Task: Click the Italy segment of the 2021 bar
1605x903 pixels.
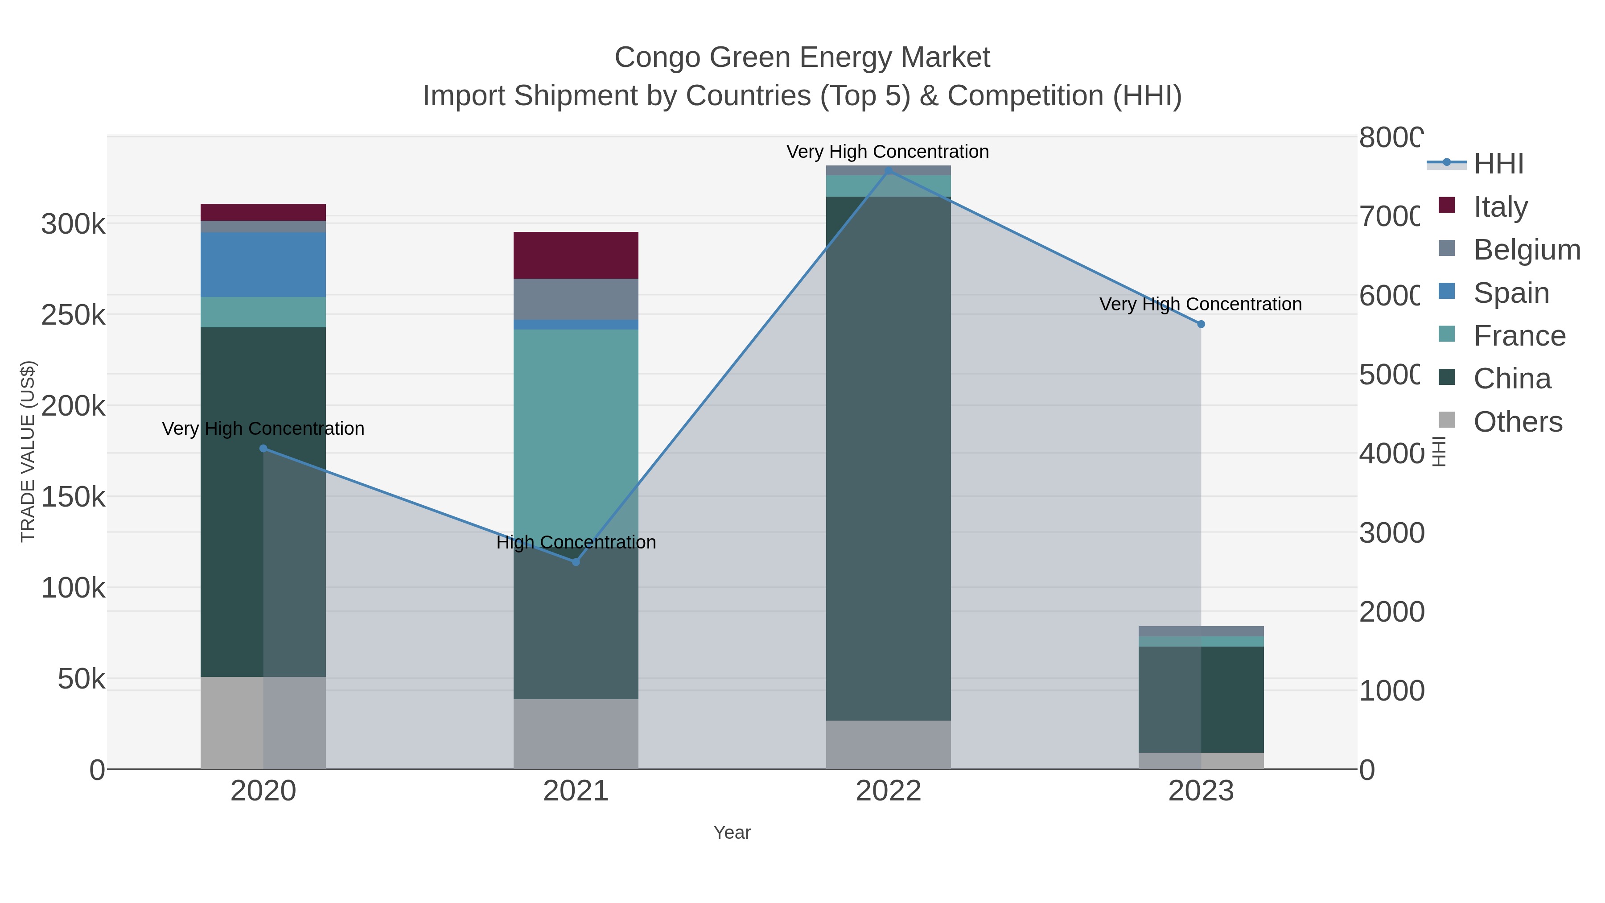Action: pos(575,255)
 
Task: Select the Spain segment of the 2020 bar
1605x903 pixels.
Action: pos(263,264)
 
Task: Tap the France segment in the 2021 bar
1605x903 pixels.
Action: pos(575,424)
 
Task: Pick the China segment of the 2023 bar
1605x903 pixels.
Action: pos(1201,699)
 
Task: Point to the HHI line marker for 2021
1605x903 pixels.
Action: pos(576,562)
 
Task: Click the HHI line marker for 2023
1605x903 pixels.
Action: pos(1201,324)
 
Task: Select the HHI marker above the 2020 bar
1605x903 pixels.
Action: pos(263,449)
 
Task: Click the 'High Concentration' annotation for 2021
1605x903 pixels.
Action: pos(576,542)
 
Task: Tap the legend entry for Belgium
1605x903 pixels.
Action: pos(1527,249)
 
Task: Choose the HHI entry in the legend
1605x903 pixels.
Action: pos(1498,164)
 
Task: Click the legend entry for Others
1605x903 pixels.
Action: pos(1517,422)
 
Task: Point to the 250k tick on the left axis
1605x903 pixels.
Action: pos(74,315)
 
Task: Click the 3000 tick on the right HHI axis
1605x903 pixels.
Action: pos(1391,533)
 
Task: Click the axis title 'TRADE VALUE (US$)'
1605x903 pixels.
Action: pos(28,451)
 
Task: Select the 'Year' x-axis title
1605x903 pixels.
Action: pos(732,833)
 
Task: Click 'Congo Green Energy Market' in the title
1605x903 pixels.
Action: pos(802,58)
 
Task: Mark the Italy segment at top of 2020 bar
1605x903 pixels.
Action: pos(263,212)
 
